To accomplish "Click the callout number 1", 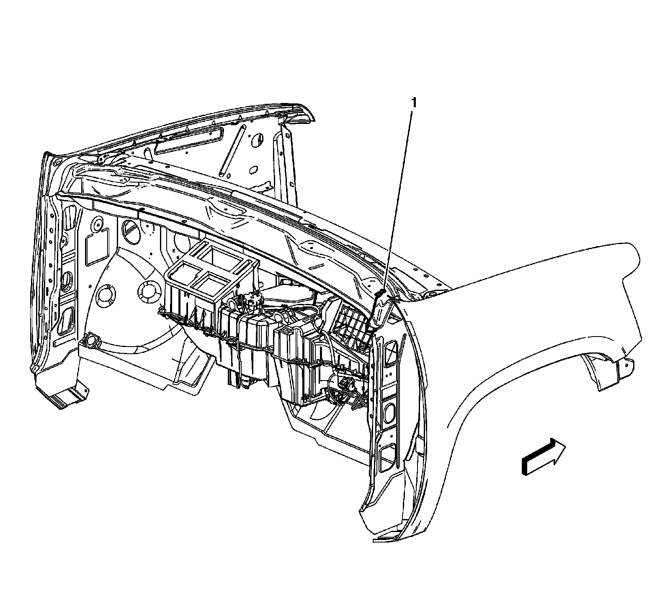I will [414, 103].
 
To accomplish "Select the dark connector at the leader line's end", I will [382, 292].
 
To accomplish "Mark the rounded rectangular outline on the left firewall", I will [97, 249].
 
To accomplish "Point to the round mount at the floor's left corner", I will [90, 342].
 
